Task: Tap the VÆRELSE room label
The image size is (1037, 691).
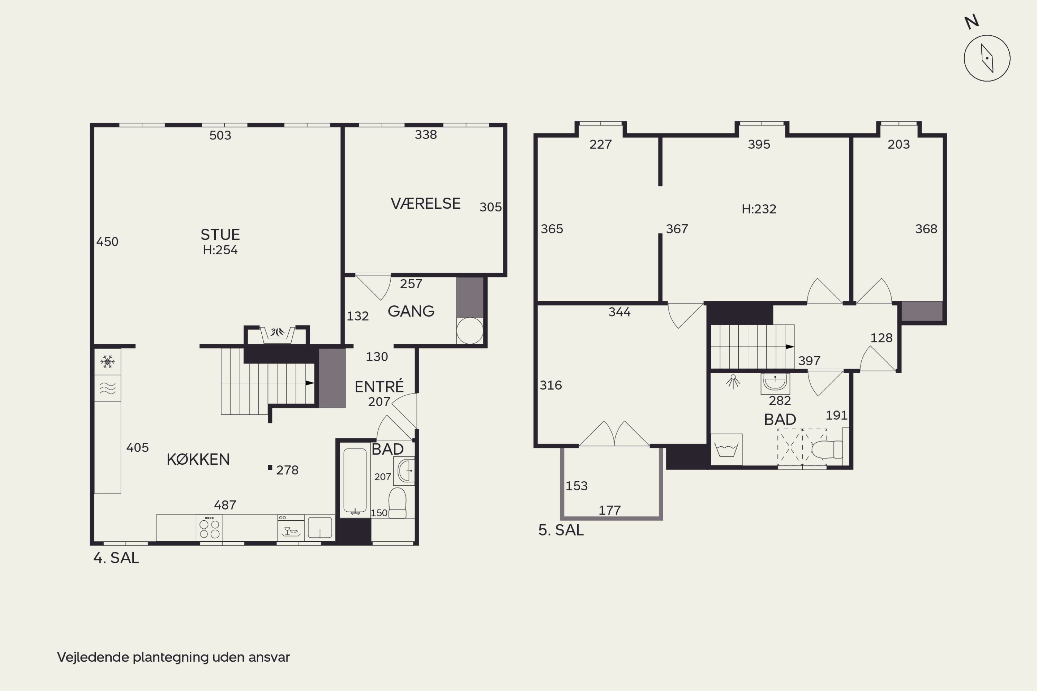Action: point(426,203)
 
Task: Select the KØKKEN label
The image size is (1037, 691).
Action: point(198,459)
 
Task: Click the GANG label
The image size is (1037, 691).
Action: point(411,311)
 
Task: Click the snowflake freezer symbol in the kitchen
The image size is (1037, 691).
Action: point(108,362)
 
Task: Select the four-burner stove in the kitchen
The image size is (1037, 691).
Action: point(209,528)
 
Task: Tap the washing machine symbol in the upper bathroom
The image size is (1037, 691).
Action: point(726,449)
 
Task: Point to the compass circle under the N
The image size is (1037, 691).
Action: point(987,58)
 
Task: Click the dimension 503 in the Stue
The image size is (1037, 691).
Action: point(220,135)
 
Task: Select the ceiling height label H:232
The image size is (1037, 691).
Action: point(759,209)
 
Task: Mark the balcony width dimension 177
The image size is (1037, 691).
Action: point(610,510)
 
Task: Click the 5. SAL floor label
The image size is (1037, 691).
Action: point(561,530)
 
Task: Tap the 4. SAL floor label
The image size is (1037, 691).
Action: point(116,558)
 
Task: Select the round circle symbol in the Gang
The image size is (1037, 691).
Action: point(469,331)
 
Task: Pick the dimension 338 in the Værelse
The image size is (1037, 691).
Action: point(426,134)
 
